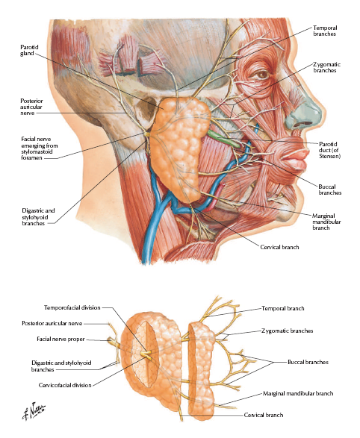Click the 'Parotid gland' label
pyautogui.click(x=29, y=50)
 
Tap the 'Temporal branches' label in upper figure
pyautogui.click(x=325, y=31)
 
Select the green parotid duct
pyautogui.click(x=223, y=138)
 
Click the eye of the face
pyautogui.click(x=262, y=75)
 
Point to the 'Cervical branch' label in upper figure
pyautogui.click(x=279, y=247)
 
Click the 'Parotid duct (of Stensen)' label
pyautogui.click(x=330, y=150)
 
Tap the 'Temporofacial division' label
pyautogui.click(x=72, y=308)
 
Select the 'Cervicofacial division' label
pyautogui.click(x=65, y=385)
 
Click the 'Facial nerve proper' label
pyautogui.click(x=60, y=339)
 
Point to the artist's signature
pyautogui.click(x=34, y=410)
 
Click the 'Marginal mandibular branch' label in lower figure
pyautogui.click(x=298, y=393)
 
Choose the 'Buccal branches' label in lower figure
pyautogui.click(x=308, y=363)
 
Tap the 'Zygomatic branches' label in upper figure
pyautogui.click(x=326, y=68)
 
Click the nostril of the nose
pyautogui.click(x=303, y=123)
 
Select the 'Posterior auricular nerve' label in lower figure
pyautogui.click(x=52, y=324)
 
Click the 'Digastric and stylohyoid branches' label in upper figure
pyautogui.click(x=38, y=217)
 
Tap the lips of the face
pyautogui.click(x=294, y=158)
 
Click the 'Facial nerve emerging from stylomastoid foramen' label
pyautogui.click(x=40, y=148)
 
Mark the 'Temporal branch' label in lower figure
pyautogui.click(x=283, y=309)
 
